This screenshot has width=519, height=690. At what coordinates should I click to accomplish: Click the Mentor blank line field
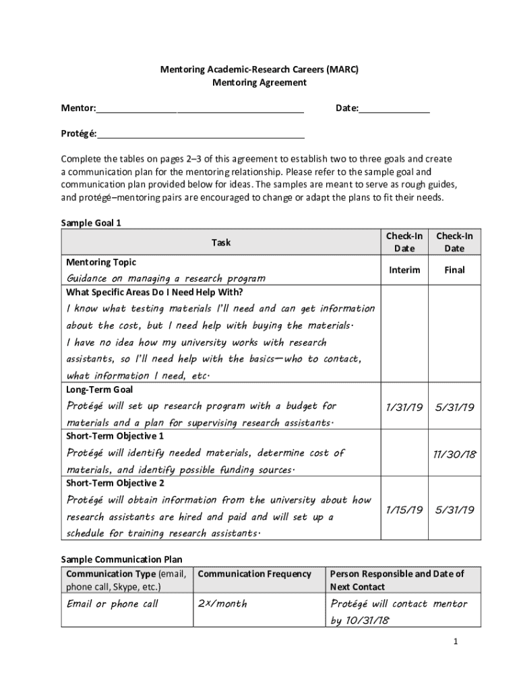(200, 110)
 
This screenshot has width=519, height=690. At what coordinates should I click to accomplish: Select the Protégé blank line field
(200, 133)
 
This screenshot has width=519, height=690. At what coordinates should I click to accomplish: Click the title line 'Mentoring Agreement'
(259, 83)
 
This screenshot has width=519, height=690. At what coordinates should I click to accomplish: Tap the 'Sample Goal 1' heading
(91, 222)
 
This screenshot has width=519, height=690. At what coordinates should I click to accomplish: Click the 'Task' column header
(220, 242)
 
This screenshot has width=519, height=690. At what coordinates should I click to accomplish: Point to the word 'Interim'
(404, 270)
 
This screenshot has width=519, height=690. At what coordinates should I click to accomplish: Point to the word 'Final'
(454, 270)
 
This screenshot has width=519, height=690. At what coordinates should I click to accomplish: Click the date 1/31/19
(404, 408)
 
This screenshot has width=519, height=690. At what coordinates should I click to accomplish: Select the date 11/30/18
(454, 454)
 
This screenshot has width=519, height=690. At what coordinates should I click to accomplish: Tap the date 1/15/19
(404, 510)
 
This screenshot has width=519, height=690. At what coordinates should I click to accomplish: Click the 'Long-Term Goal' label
(99, 389)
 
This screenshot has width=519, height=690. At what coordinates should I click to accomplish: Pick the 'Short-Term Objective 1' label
(115, 436)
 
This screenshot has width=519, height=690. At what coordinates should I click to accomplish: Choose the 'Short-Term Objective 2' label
(115, 483)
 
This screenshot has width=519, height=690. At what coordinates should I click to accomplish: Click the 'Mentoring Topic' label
(100, 262)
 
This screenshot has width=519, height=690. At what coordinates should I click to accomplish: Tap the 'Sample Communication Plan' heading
(121, 559)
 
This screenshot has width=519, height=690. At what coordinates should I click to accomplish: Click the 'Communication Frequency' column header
(255, 574)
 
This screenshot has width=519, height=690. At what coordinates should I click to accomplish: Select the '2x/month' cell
(222, 604)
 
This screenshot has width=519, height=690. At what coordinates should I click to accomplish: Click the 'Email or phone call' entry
(113, 604)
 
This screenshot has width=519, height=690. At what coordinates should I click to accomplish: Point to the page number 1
(456, 641)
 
